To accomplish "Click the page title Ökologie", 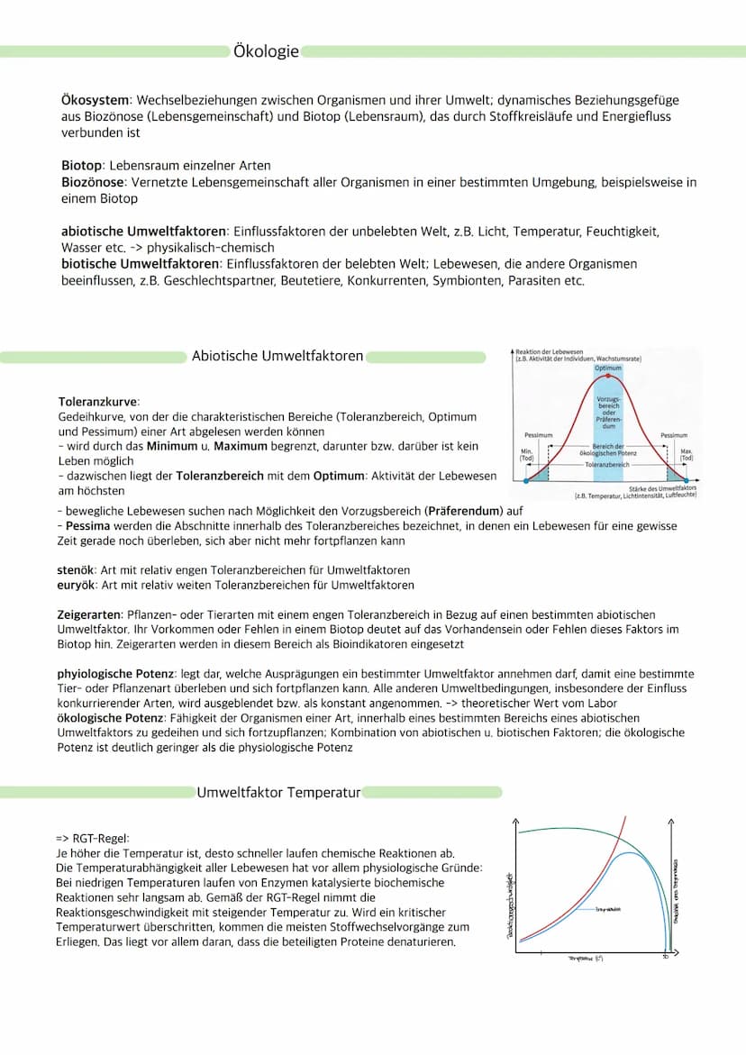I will tap(266, 52).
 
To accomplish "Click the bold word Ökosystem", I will tap(96, 99).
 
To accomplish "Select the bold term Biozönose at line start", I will tap(94, 182).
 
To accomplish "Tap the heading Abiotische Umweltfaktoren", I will tap(277, 356).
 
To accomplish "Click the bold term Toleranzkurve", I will tap(98, 402).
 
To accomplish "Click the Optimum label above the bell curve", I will tap(608, 368).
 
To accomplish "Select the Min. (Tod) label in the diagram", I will tap(527, 454).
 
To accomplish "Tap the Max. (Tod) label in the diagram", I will tap(687, 454).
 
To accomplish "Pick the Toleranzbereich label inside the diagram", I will tap(608, 465).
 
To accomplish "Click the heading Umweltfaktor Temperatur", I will tap(278, 793).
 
